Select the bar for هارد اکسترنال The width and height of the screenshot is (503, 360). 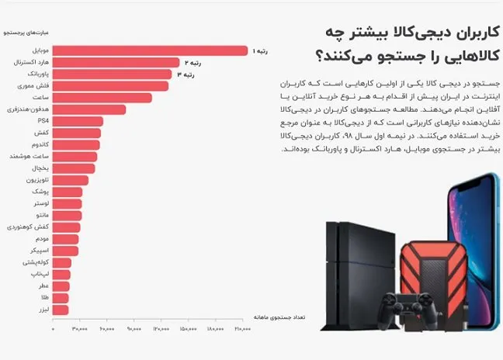click(x=116, y=63)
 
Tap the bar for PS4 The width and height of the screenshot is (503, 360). click(x=78, y=122)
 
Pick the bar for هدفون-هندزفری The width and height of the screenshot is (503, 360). click(x=89, y=110)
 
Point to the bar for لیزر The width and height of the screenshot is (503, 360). click(x=61, y=310)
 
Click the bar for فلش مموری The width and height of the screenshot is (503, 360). click(x=111, y=86)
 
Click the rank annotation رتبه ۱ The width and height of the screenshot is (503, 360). click(x=261, y=51)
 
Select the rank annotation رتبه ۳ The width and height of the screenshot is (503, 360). click(x=186, y=75)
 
